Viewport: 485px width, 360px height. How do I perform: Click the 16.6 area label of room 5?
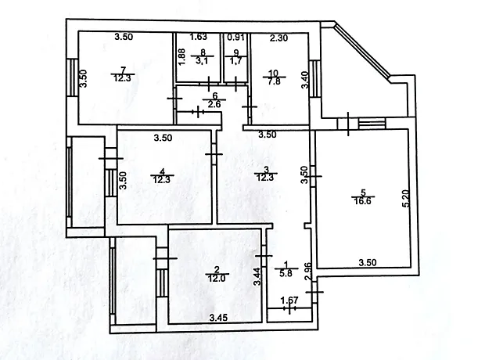click(363, 201)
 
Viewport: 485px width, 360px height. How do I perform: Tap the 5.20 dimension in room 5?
click(407, 198)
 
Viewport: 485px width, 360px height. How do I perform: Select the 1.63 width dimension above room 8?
click(198, 37)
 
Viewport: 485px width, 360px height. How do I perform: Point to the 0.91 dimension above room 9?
click(236, 37)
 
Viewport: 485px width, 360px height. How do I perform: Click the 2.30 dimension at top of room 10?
click(278, 38)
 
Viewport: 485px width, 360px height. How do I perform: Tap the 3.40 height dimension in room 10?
click(305, 80)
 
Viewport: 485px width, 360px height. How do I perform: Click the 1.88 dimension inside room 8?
click(181, 56)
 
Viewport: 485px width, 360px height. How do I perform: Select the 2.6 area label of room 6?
click(214, 104)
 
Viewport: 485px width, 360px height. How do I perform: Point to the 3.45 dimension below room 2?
click(218, 318)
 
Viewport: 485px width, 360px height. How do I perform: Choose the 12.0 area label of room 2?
click(217, 279)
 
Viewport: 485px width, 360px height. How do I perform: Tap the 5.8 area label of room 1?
click(286, 274)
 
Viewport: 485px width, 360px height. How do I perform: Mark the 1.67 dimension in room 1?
click(289, 301)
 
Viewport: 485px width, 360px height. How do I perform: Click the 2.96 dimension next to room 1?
click(308, 272)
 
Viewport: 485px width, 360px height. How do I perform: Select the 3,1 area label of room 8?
click(203, 60)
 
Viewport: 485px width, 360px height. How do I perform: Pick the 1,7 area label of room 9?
click(236, 61)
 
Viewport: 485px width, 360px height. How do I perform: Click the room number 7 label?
click(123, 70)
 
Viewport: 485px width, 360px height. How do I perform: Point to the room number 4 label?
click(162, 171)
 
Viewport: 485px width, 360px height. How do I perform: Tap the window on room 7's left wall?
click(72, 77)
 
